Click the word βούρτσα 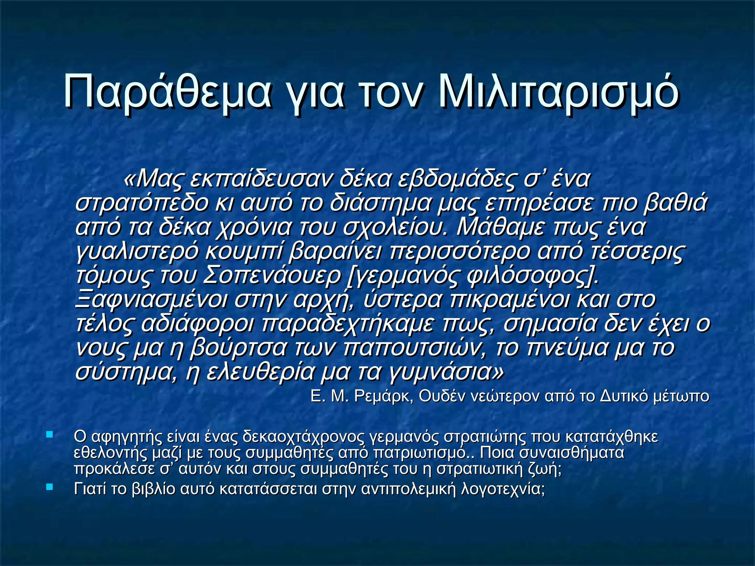coord(238,348)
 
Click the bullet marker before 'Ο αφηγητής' coord(49,435)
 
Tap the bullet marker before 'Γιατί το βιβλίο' coord(49,487)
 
